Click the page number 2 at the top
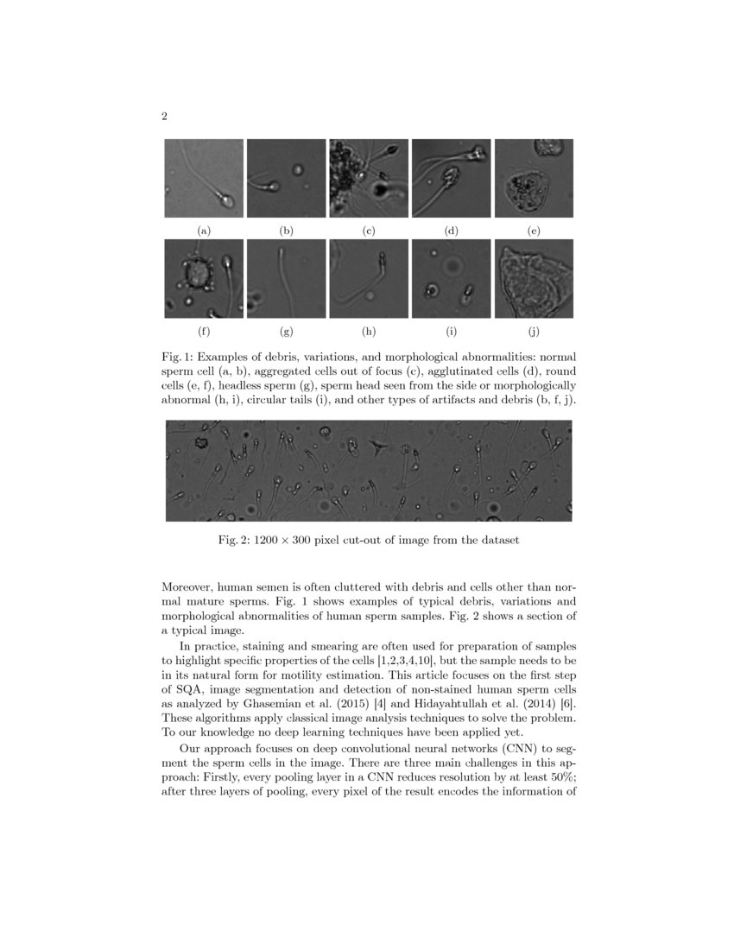164,117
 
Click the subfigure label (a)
204,231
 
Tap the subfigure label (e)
533,231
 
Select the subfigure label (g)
287,331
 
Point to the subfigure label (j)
533,331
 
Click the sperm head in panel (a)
226,200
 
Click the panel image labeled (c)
369,178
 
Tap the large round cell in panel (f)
197,275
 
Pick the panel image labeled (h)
369,278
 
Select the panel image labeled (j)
533,278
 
